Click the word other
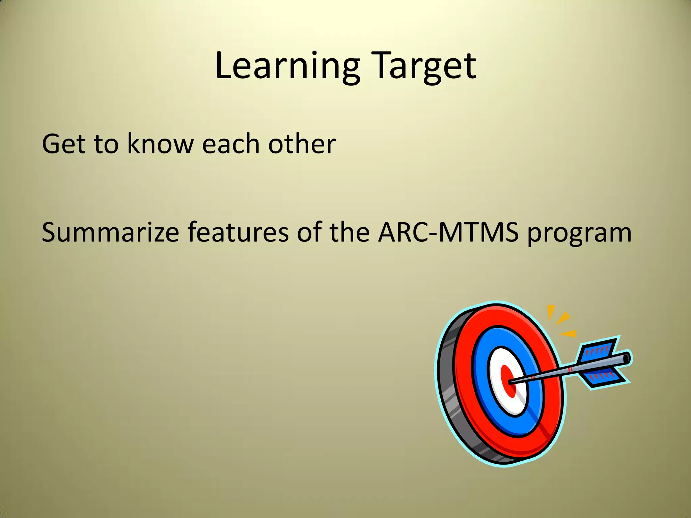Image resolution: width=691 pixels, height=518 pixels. tap(302, 144)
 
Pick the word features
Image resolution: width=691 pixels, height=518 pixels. tap(238, 233)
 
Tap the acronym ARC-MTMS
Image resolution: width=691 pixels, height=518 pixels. tap(448, 233)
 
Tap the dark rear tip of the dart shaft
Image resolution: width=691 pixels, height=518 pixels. tap(626, 358)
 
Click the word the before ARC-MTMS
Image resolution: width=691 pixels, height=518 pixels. tap(349, 233)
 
